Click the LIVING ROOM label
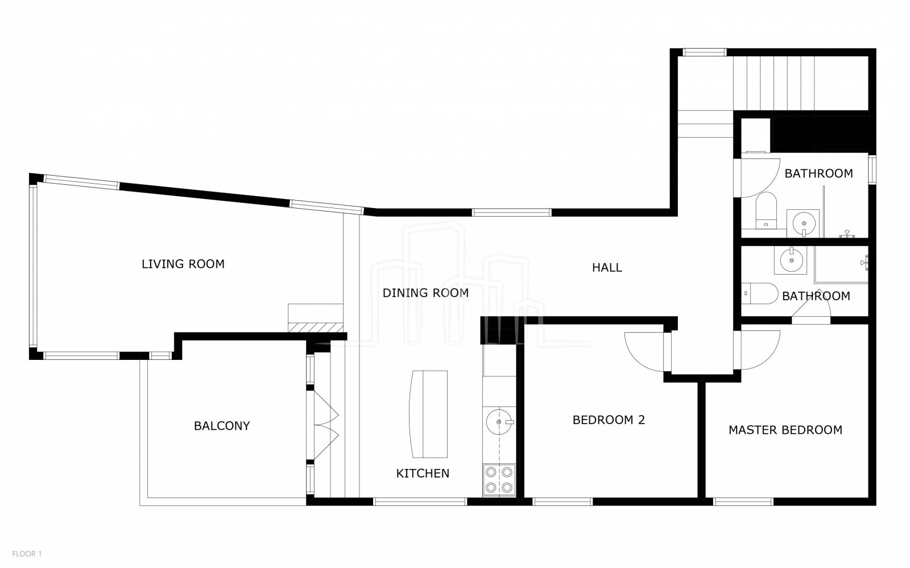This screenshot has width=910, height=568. pos(183,264)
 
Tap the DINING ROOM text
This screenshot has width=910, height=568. pos(425,293)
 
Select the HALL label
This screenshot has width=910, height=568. pos(607,268)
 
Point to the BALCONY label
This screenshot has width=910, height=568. pos(222,426)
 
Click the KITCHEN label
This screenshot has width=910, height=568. pos(423,474)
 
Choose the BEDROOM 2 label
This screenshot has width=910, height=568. pos(609,420)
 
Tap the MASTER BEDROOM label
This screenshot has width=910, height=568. pos(785,430)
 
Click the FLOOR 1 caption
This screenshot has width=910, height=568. pos(27,554)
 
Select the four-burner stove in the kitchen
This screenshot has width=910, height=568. pos(499,480)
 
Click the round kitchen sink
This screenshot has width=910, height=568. pos(499,422)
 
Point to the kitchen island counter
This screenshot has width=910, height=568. pos(429,414)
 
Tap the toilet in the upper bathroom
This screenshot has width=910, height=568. pos(766,210)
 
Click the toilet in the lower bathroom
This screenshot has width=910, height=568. pos(760,293)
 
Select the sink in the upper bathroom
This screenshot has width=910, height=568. pos(803,223)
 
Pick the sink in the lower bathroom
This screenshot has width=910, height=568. pos(790,260)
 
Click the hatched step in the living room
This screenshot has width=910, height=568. pos(316,327)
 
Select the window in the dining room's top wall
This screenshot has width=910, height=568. pos(511,212)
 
